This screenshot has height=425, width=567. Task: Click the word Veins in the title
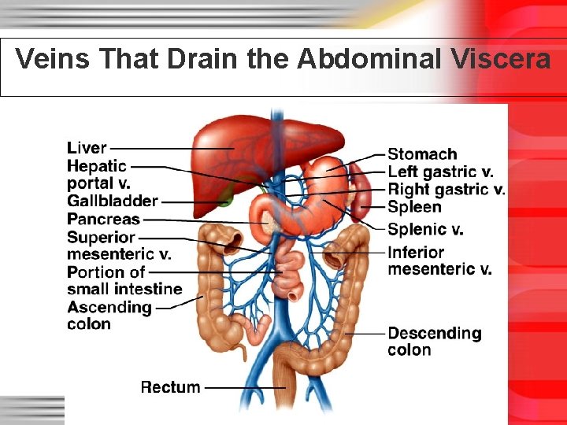(50, 59)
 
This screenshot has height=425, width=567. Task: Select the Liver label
(87, 147)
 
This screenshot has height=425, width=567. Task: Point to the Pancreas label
(103, 220)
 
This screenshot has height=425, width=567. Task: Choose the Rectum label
(170, 387)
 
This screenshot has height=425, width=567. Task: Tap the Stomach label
(422, 154)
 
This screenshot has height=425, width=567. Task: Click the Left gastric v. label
(441, 172)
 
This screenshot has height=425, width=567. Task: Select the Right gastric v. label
(446, 189)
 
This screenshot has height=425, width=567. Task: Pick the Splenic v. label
(425, 230)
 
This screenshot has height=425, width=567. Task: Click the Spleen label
(414, 208)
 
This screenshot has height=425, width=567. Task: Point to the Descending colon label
(434, 342)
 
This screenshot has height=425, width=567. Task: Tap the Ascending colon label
(109, 316)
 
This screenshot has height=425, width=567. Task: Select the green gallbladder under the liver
(226, 197)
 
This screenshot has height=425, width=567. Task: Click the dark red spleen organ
(360, 193)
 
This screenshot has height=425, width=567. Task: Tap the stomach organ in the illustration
(315, 197)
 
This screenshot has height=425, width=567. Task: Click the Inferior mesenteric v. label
(439, 261)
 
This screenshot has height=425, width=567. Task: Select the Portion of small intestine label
(124, 281)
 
